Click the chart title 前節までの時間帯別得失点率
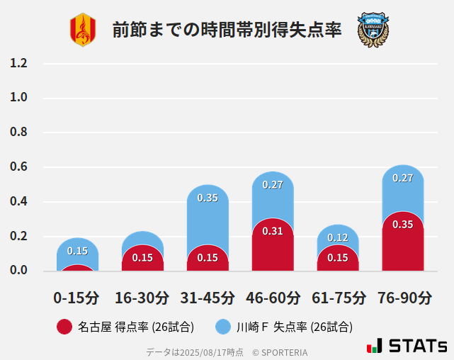click(227, 30)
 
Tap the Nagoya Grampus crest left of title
click(82, 30)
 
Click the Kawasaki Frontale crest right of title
click(373, 30)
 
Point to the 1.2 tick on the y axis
click(18, 63)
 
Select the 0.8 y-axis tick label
click(18, 133)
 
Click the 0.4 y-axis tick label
click(18, 202)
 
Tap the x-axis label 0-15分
click(76, 298)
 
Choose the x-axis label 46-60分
click(272, 298)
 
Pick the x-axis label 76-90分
click(403, 298)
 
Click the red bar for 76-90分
click(403, 244)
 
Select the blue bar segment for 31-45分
click(208, 213)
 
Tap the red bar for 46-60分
click(273, 248)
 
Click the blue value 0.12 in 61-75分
click(338, 237)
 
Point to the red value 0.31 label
click(273, 231)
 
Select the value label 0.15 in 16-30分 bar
click(142, 257)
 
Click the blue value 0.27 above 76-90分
click(403, 178)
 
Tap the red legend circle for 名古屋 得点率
click(64, 327)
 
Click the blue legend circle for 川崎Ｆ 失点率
click(223, 327)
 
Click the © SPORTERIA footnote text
click(280, 351)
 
